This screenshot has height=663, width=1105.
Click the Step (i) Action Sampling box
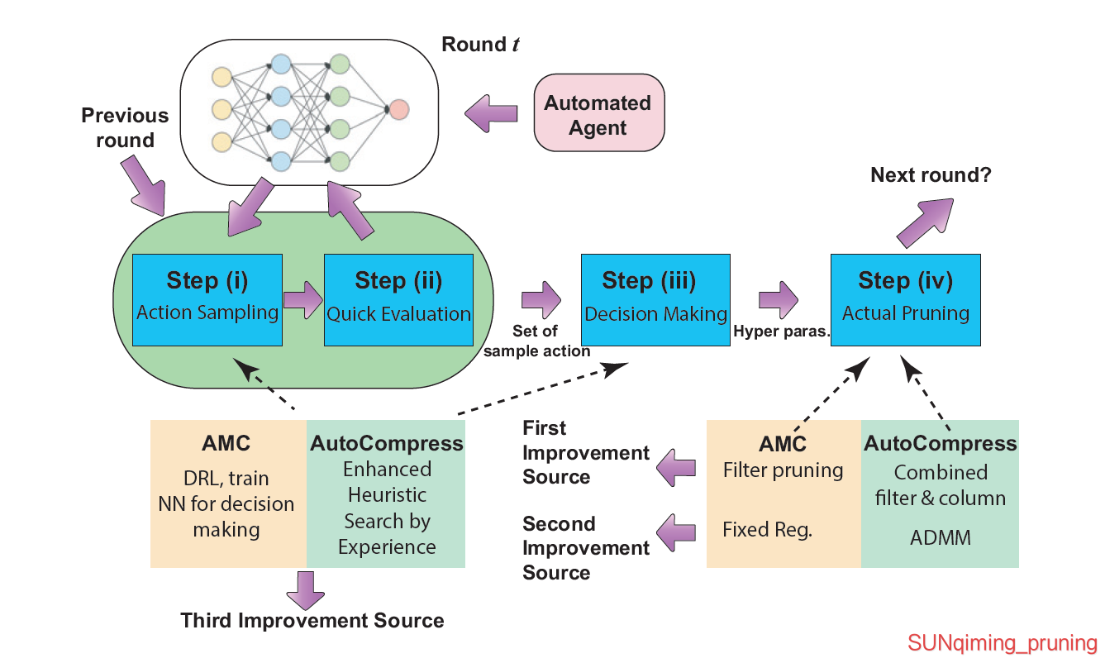[207, 299]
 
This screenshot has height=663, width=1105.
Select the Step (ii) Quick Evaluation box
[398, 299]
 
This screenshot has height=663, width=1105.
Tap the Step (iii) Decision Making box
[655, 299]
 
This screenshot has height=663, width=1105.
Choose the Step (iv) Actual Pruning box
[905, 299]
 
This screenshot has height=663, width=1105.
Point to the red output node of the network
[398, 109]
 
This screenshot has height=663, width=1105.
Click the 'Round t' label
[480, 45]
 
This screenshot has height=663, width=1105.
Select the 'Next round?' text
[931, 174]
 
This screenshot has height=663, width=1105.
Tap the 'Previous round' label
[125, 128]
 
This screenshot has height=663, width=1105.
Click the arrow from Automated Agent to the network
[491, 113]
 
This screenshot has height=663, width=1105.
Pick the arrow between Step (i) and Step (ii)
[302, 299]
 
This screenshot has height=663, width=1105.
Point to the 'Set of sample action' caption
[536, 341]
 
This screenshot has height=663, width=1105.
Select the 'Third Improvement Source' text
[312, 621]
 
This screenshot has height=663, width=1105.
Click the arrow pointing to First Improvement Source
[677, 469]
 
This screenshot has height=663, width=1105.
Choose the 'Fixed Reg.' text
[768, 530]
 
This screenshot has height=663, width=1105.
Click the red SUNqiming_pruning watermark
[1002, 643]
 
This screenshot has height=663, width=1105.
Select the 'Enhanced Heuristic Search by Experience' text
[387, 508]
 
